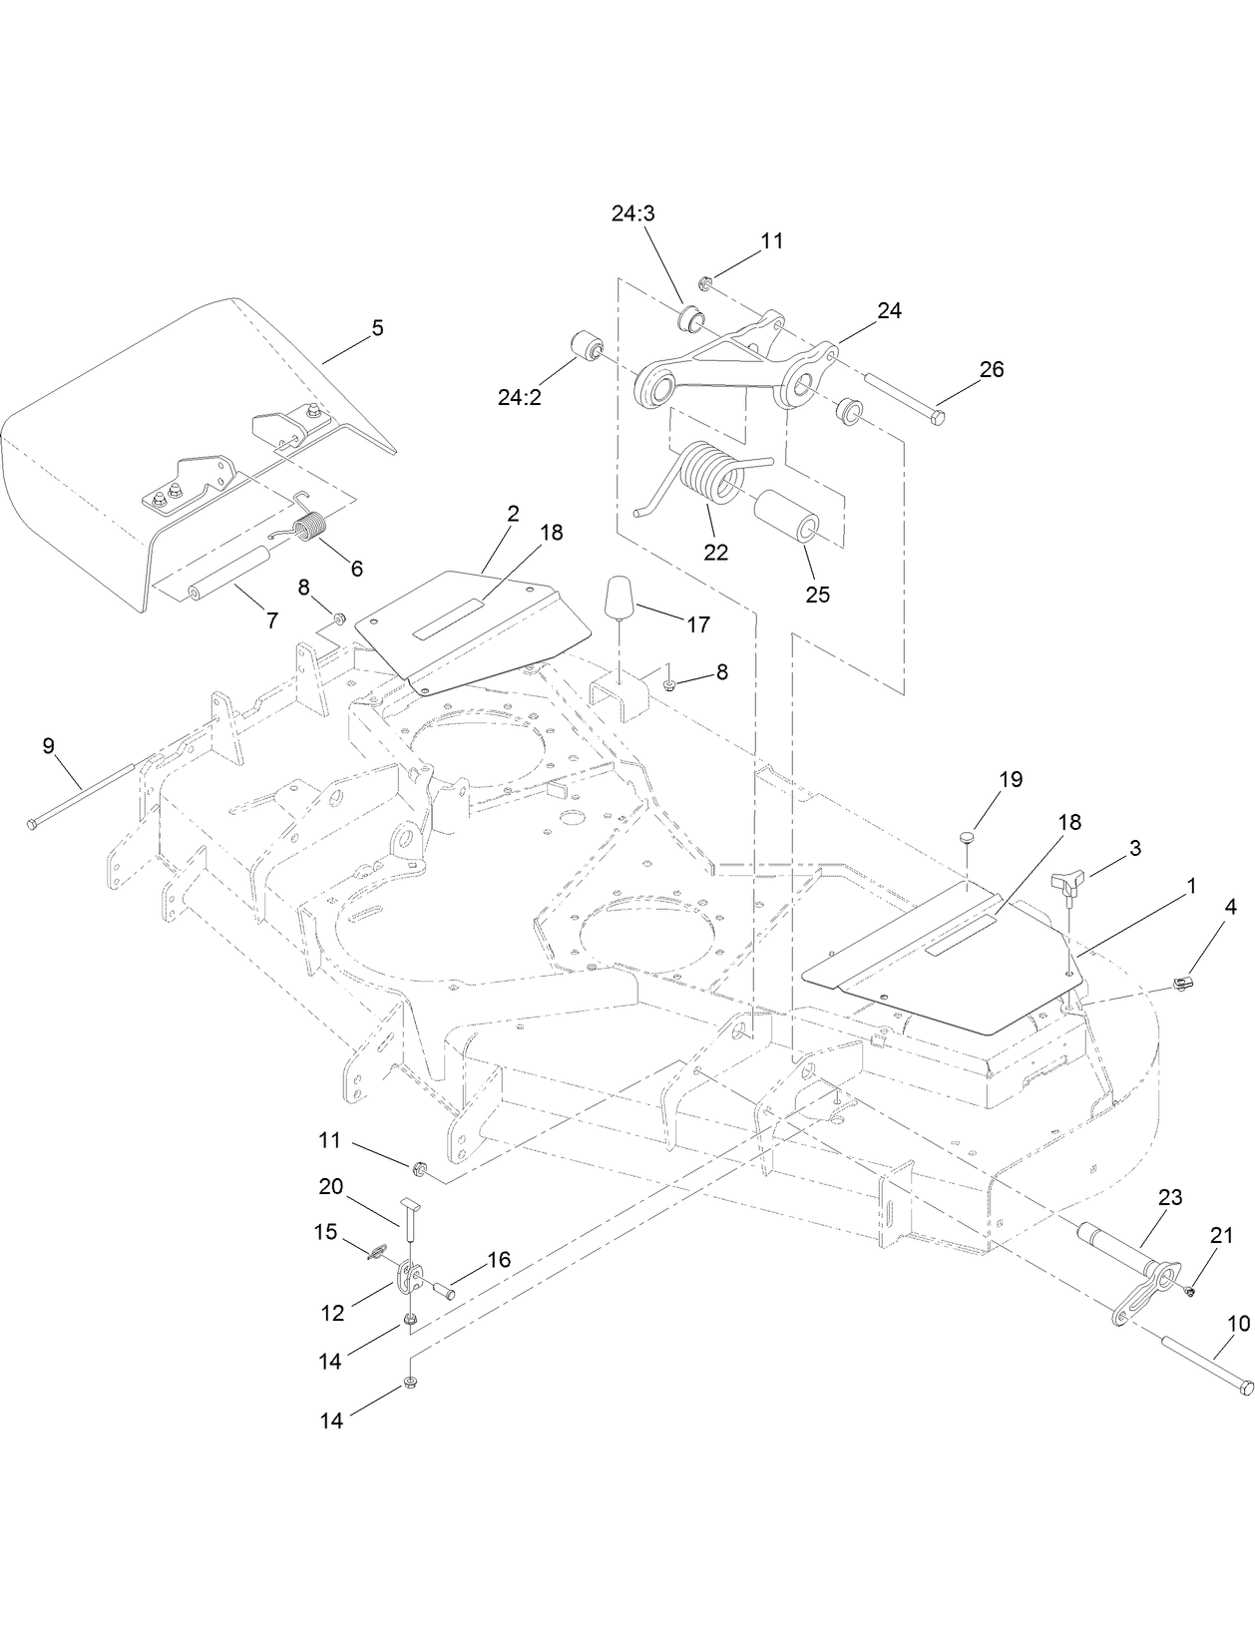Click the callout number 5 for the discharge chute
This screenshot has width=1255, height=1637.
point(377,328)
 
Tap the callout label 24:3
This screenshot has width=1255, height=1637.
point(634,213)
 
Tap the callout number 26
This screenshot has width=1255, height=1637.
point(991,368)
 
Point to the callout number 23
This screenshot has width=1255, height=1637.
point(1169,1197)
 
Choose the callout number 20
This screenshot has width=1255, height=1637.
point(330,1186)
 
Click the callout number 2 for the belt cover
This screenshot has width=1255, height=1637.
point(513,514)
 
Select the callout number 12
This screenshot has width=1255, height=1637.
point(332,1314)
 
